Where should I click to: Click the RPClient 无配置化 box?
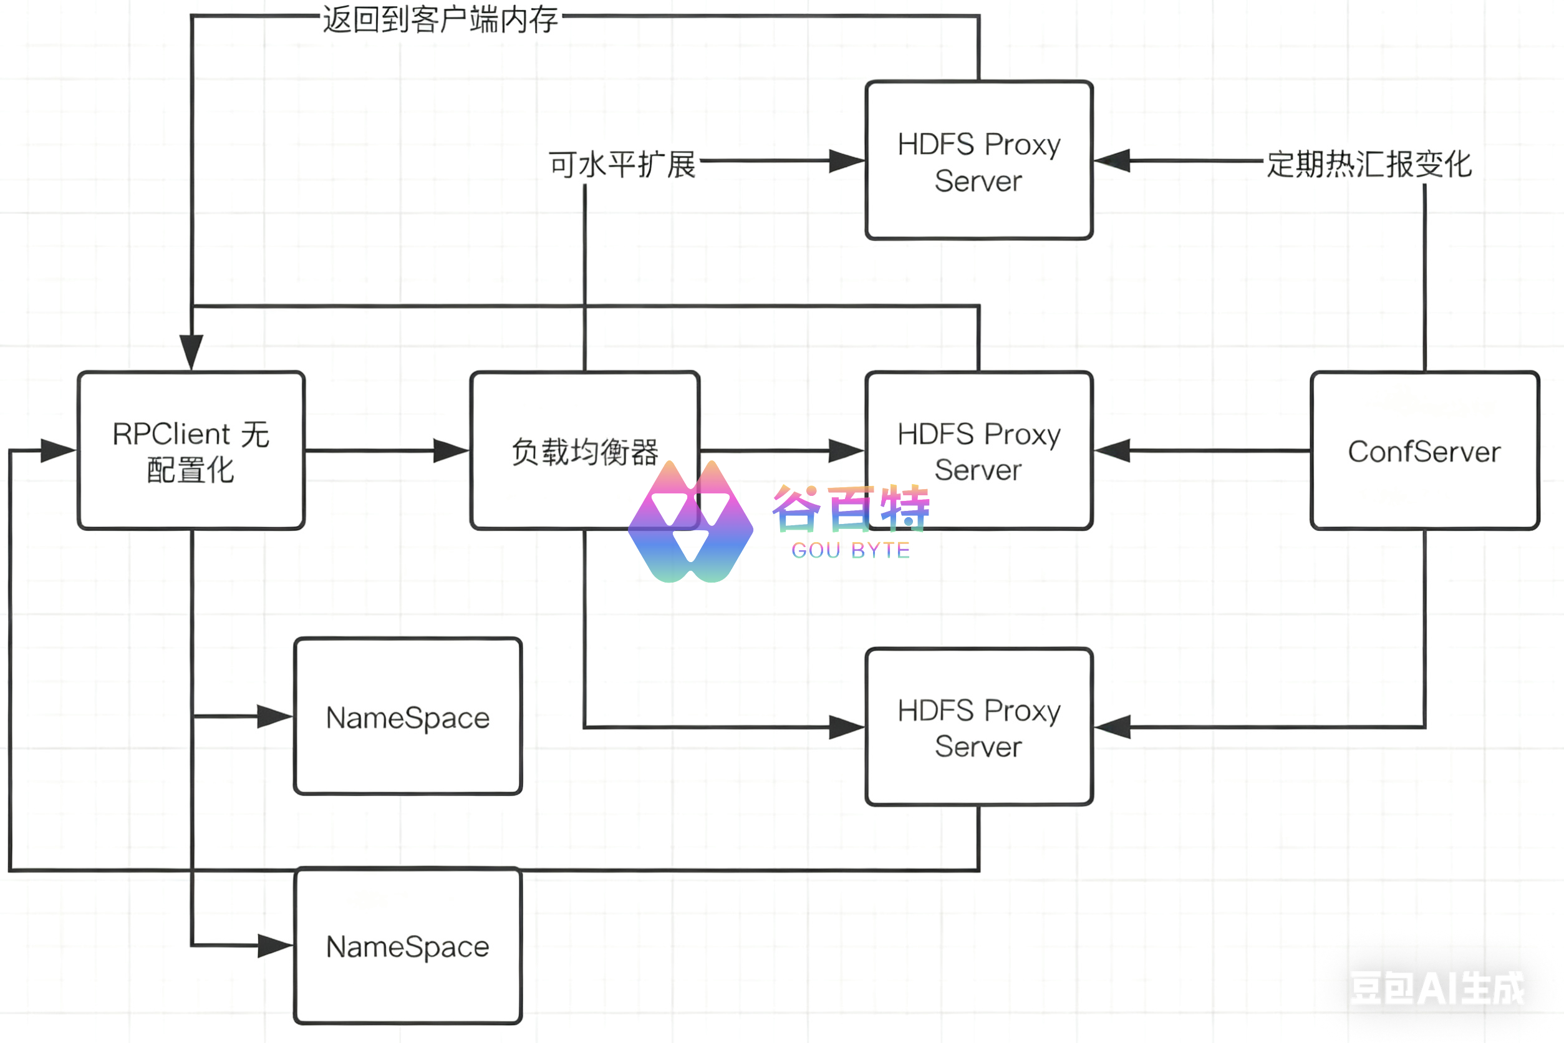point(191,450)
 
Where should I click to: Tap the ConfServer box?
point(1424,450)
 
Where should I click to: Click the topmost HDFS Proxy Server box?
point(979,160)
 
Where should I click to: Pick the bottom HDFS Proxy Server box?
point(979,727)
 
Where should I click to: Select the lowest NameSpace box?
point(408,945)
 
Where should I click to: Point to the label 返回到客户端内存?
point(440,19)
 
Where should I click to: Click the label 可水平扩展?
point(622,163)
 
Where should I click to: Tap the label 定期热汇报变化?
point(1368,163)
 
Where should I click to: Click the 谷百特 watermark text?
point(851,509)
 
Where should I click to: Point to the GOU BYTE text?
point(851,550)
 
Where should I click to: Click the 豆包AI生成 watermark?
point(1436,987)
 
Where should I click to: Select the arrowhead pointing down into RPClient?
point(191,351)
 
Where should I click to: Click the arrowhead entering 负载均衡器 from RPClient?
point(451,450)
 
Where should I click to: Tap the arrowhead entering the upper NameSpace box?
point(274,716)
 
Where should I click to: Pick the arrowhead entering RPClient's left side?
point(57,450)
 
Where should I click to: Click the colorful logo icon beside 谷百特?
point(690,522)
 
